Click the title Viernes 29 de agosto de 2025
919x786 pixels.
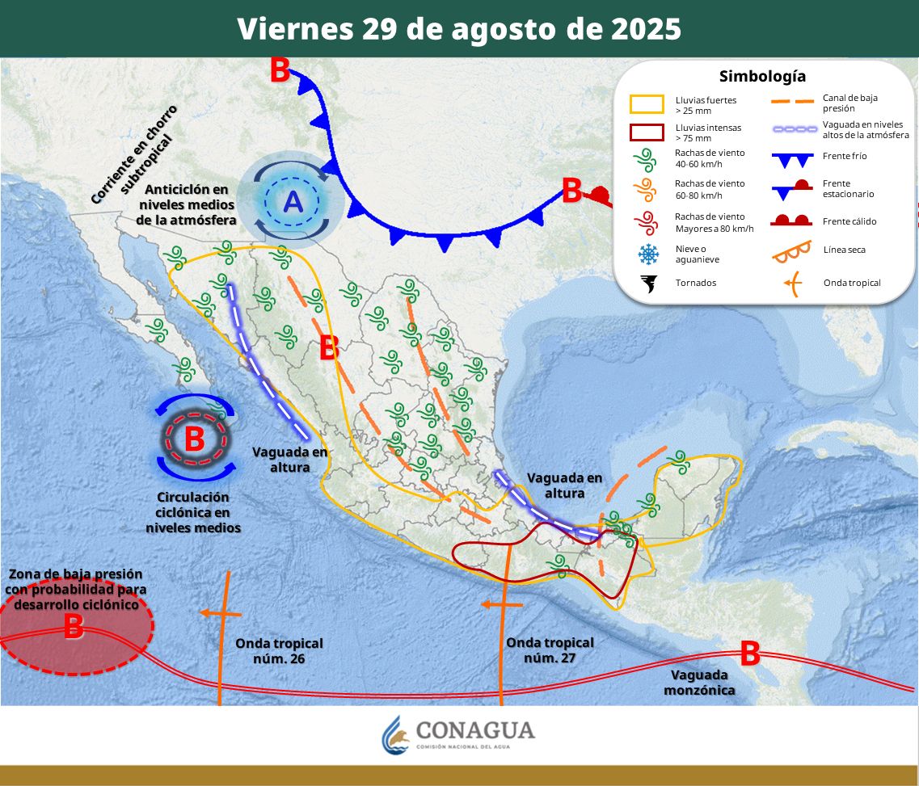tap(459, 29)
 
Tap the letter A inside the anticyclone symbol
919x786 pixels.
tap(293, 201)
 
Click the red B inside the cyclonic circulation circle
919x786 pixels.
tap(195, 439)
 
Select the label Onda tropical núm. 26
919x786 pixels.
tap(279, 650)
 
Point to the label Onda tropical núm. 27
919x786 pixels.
tap(550, 649)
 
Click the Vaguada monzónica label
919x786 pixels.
tap(699, 682)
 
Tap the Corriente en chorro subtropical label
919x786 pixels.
tap(136, 153)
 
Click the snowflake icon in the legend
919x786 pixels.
tap(648, 254)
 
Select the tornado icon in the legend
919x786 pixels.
tap(648, 283)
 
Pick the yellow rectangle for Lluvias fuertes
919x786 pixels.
tap(647, 104)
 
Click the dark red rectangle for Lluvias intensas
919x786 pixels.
tap(647, 132)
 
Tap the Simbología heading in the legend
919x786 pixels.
tap(762, 77)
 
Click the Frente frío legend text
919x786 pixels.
tap(845, 156)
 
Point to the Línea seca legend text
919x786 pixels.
tap(844, 250)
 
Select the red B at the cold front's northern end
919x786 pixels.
tap(280, 71)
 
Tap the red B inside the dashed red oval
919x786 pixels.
tap(73, 626)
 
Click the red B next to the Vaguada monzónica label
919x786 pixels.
tap(749, 654)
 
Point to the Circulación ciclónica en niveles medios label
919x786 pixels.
tap(193, 512)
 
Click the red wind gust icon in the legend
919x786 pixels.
tap(647, 221)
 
